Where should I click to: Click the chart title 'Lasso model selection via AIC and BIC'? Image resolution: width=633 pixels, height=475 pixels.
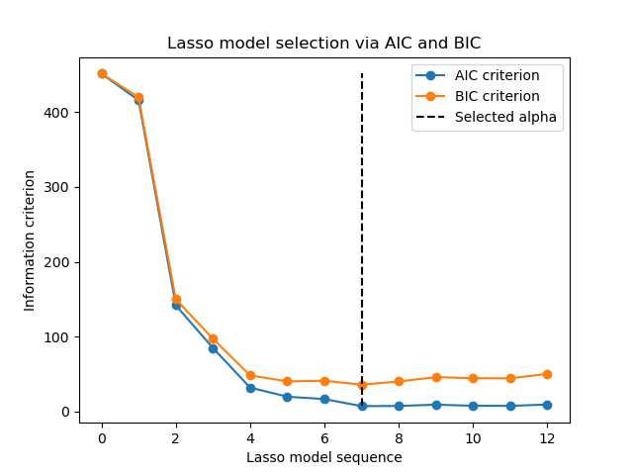[x=323, y=44]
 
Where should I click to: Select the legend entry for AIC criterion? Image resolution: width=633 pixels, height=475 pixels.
[x=497, y=76]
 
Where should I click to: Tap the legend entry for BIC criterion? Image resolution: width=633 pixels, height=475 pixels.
[x=497, y=96]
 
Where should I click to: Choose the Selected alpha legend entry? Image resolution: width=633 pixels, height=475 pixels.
[x=505, y=117]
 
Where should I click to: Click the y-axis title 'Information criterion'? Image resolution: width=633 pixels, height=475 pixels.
[x=30, y=240]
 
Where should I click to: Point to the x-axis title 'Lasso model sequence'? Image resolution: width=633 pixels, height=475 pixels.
[x=323, y=457]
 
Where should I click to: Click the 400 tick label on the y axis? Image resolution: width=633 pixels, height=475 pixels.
[x=57, y=113]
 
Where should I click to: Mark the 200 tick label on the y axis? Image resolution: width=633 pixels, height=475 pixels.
[x=57, y=262]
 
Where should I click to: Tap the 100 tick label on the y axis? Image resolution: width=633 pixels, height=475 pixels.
[x=57, y=337]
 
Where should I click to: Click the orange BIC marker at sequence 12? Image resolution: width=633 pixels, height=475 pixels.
[x=547, y=374]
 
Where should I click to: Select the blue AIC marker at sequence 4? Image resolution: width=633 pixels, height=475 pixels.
[x=250, y=388]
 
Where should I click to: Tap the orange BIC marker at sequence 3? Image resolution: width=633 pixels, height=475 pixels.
[x=213, y=338]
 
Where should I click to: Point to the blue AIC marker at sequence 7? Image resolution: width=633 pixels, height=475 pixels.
[x=362, y=406]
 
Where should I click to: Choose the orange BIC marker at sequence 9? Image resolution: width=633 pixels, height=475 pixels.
[x=436, y=377]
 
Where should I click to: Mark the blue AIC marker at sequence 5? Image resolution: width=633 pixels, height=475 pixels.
[x=287, y=397]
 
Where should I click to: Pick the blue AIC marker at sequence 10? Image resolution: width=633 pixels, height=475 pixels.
[x=473, y=406]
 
